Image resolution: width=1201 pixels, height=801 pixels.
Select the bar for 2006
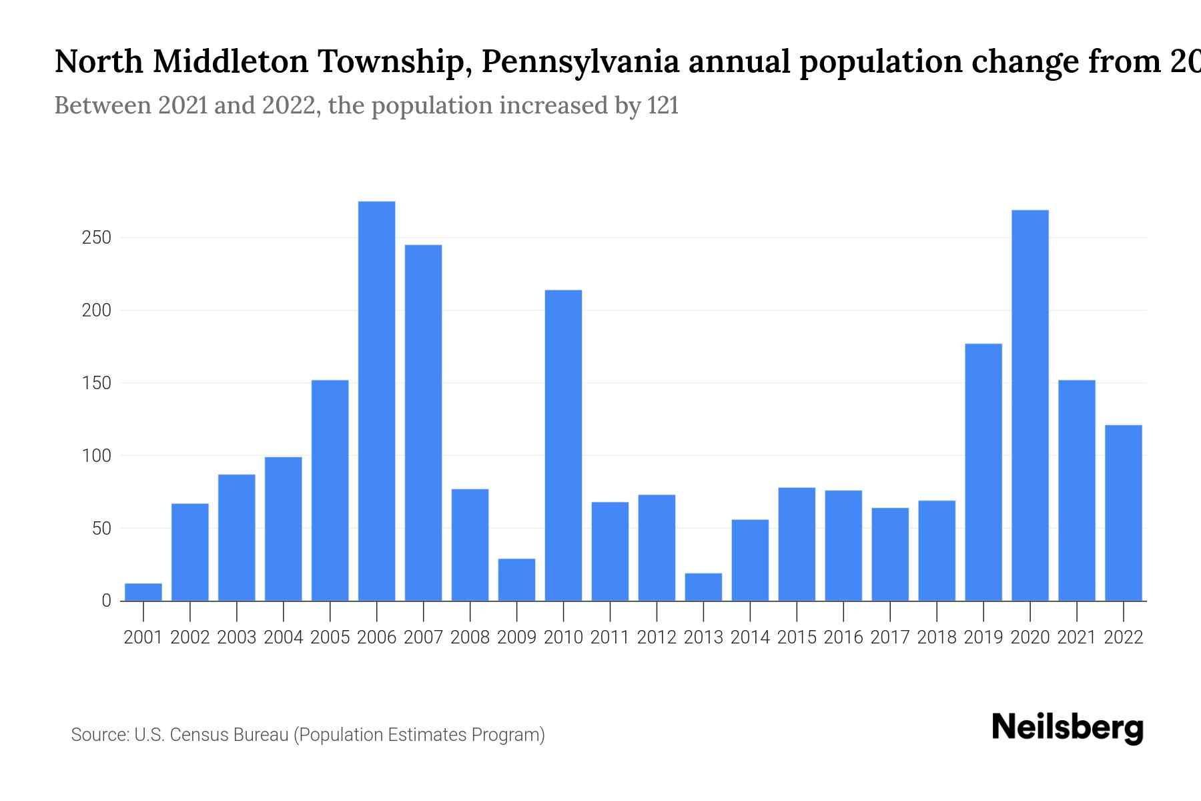pyautogui.click(x=376, y=400)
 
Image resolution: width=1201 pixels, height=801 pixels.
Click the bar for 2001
pyautogui.click(x=143, y=592)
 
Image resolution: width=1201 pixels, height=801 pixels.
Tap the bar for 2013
pyautogui.click(x=703, y=587)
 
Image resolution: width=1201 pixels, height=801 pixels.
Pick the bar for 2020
pyautogui.click(x=1030, y=405)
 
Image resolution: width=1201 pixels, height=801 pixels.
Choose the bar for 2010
pyautogui.click(x=563, y=445)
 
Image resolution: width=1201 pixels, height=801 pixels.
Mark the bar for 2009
pyautogui.click(x=516, y=579)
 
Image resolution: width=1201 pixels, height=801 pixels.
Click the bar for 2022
pyautogui.click(x=1123, y=513)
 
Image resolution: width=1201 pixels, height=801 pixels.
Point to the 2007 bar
pyautogui.click(x=423, y=423)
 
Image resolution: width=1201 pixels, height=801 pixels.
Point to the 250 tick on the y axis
pyautogui.click(x=96, y=238)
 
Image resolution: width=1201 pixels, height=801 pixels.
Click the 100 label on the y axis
pyautogui.click(x=96, y=456)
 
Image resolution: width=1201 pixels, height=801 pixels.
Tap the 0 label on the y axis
pyautogui.click(x=106, y=601)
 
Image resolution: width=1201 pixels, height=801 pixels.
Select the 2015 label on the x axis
pyautogui.click(x=797, y=637)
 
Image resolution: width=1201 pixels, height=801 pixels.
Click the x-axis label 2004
pyautogui.click(x=283, y=637)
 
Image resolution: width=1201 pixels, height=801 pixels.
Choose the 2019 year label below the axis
pyautogui.click(x=983, y=637)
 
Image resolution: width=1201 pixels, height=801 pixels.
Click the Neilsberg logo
pyautogui.click(x=1067, y=728)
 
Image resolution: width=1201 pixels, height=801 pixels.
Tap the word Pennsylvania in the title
pyautogui.click(x=580, y=62)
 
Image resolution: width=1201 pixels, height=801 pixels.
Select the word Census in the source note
pyautogui.click(x=202, y=735)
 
